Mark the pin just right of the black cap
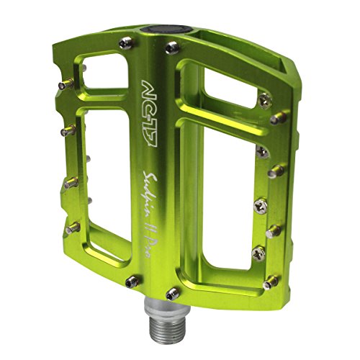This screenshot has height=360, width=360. [x=171, y=49]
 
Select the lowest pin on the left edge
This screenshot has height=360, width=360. [x=72, y=229]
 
